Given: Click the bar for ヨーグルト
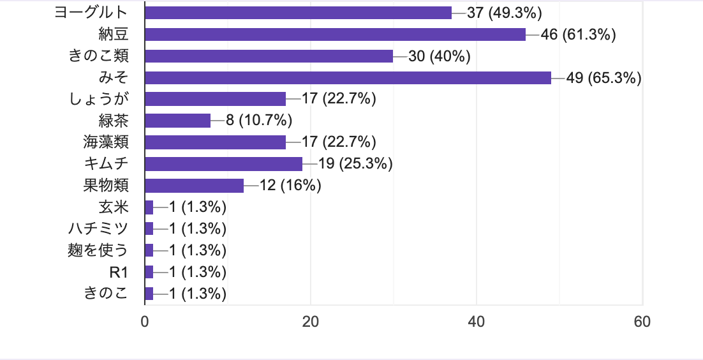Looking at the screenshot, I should pyautogui.click(x=298, y=13).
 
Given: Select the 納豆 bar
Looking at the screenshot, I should pyautogui.click(x=335, y=34).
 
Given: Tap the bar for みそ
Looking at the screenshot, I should pyautogui.click(x=348, y=78).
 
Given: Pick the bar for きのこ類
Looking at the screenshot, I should pyautogui.click(x=269, y=56).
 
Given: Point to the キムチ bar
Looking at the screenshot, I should pyautogui.click(x=223, y=164).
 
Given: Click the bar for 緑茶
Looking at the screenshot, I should pyautogui.click(x=177, y=121).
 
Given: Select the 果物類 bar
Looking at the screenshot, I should pyautogui.click(x=194, y=186).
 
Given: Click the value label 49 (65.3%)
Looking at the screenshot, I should pyautogui.click(x=604, y=78).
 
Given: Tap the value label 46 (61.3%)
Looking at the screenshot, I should pyautogui.click(x=578, y=34).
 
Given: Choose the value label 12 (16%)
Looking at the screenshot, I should pyautogui.click(x=290, y=186).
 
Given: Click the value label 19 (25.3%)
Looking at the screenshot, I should pyautogui.click(x=355, y=164).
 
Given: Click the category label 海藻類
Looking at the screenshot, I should pyautogui.click(x=105, y=142).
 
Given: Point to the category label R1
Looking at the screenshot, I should pyautogui.click(x=119, y=272).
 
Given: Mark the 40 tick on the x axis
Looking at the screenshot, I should pyautogui.click(x=477, y=322).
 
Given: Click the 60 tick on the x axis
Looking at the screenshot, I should pyautogui.click(x=642, y=322).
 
